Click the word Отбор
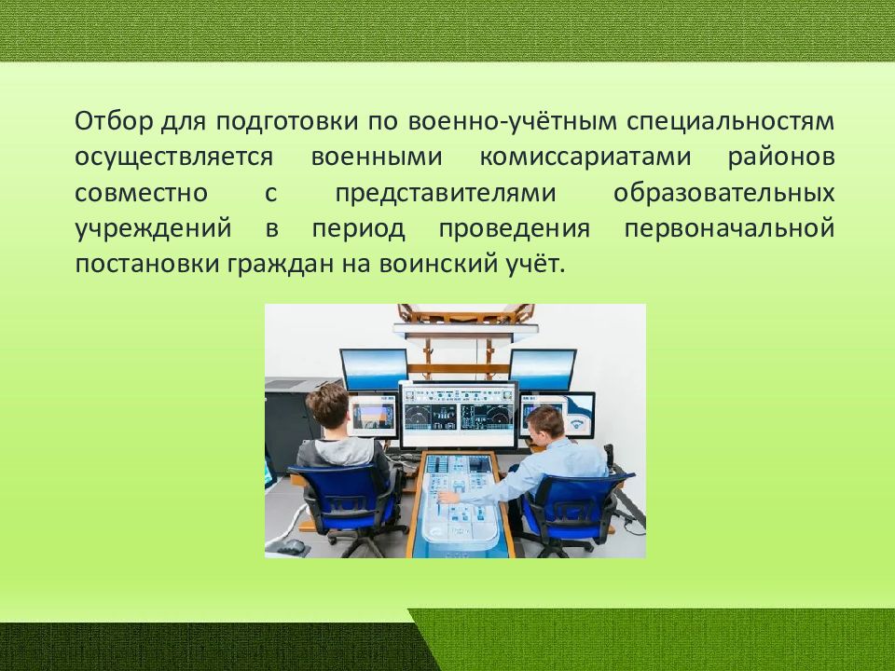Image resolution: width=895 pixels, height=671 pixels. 114,121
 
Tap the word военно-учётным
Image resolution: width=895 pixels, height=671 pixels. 513,121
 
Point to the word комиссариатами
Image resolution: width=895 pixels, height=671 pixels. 585,157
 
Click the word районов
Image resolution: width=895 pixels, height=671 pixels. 781,157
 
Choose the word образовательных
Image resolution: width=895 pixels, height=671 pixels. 723,193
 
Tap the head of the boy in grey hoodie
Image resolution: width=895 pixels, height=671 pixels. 327,405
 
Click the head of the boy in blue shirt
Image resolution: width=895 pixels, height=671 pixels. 545,428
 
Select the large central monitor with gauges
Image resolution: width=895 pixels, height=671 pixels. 459,414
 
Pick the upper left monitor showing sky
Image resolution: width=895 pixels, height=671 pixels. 374,369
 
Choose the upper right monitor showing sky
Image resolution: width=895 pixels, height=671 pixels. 543,369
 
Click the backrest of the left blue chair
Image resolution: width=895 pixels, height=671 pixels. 341,493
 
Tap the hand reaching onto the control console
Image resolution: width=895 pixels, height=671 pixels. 449,496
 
